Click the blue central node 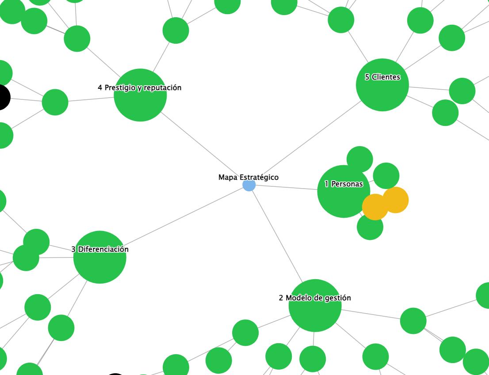(249, 185)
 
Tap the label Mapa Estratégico (248, 177)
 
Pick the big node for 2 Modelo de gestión (315, 311)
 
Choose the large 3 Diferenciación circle (99, 263)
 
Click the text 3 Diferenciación (100, 249)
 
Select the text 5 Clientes (382, 77)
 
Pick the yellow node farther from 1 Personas (396, 200)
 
